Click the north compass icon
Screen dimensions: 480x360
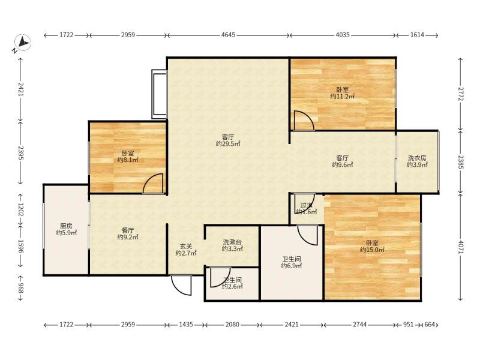23,42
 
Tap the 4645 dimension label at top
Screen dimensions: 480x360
228,35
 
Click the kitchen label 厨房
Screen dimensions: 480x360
66,226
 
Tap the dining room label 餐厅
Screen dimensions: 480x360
128,230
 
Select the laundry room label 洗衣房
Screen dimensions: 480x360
417,158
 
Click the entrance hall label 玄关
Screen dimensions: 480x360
186,246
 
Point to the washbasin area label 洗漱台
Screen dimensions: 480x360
232,242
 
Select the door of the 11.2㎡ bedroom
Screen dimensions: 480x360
304,121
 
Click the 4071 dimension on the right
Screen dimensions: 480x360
461,247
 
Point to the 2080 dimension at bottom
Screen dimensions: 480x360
232,324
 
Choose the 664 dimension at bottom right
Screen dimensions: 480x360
430,324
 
